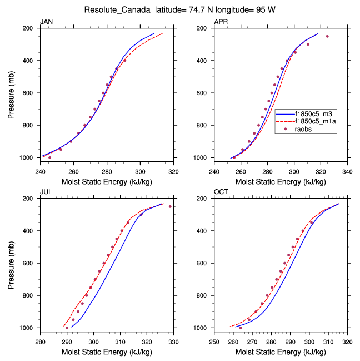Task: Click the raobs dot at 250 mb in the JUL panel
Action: pyautogui.click(x=170, y=206)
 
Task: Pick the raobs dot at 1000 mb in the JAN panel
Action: pyautogui.click(x=50, y=157)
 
